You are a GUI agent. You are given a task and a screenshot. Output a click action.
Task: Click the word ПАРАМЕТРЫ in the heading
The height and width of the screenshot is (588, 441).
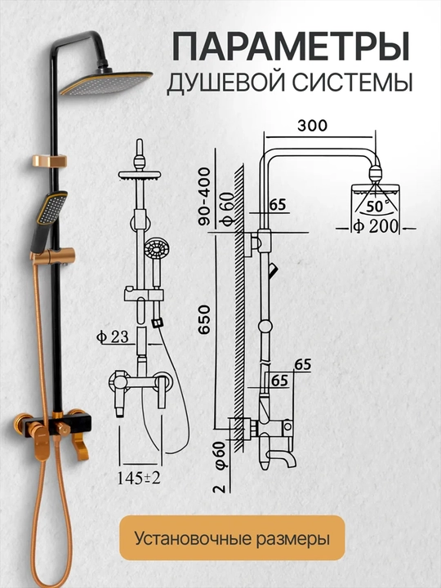click(291, 47)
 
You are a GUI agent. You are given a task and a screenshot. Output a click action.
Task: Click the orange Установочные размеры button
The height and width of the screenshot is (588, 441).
click(232, 537)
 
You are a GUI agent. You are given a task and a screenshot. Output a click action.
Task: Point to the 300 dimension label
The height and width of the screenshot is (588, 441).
click(312, 126)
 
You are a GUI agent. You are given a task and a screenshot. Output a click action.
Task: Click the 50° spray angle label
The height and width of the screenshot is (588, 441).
click(376, 206)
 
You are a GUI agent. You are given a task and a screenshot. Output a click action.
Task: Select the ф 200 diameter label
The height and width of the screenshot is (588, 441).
click(376, 226)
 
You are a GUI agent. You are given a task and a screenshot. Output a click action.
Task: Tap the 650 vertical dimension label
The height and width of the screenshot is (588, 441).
click(205, 319)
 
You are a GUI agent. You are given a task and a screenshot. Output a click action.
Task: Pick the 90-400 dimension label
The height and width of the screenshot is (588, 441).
click(205, 197)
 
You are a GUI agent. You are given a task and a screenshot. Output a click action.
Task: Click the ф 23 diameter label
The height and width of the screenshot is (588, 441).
click(113, 336)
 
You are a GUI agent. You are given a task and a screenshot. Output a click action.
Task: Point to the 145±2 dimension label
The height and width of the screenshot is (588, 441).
click(139, 478)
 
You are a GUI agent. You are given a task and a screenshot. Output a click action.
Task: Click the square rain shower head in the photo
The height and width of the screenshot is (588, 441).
click(106, 82)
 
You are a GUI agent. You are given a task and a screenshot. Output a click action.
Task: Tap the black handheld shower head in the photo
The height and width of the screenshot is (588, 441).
click(50, 221)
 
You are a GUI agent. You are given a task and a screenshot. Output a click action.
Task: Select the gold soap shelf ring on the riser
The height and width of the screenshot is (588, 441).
click(49, 161)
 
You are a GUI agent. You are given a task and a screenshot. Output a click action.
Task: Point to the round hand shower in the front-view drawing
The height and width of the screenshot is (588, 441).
click(157, 248)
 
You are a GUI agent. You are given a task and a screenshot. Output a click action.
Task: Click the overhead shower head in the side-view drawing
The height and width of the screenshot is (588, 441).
click(375, 191)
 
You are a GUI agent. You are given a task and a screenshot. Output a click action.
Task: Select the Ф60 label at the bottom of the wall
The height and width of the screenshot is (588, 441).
click(220, 455)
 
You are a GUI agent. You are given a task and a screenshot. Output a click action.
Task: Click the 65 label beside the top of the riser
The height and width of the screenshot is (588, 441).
click(278, 205)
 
